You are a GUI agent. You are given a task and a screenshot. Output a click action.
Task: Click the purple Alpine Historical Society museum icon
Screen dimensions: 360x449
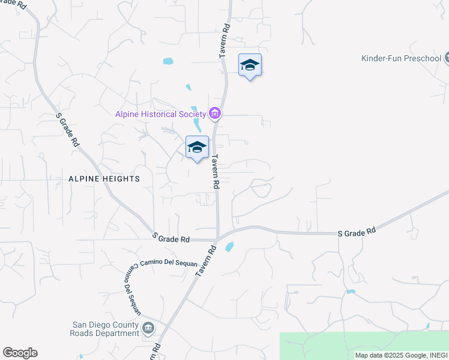214,113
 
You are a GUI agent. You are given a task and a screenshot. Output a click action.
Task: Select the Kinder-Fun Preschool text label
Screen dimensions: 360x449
401,59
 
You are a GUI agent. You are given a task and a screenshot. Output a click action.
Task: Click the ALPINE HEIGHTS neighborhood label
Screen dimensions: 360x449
104,179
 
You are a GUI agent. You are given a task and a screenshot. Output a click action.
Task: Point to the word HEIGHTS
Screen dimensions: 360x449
122,179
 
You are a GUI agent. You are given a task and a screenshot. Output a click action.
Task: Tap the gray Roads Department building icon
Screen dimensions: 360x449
148,328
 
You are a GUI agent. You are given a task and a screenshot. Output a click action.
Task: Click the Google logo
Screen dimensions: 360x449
20,353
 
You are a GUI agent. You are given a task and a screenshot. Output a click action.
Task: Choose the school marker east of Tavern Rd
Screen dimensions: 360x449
250,65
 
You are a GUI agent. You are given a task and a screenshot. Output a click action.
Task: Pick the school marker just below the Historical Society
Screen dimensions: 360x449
197,148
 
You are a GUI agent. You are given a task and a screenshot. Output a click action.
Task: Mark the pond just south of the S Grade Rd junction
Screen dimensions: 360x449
228,247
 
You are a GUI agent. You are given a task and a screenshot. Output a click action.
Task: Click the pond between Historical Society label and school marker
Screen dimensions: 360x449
197,125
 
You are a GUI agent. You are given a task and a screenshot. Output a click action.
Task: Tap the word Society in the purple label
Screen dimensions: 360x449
192,114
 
